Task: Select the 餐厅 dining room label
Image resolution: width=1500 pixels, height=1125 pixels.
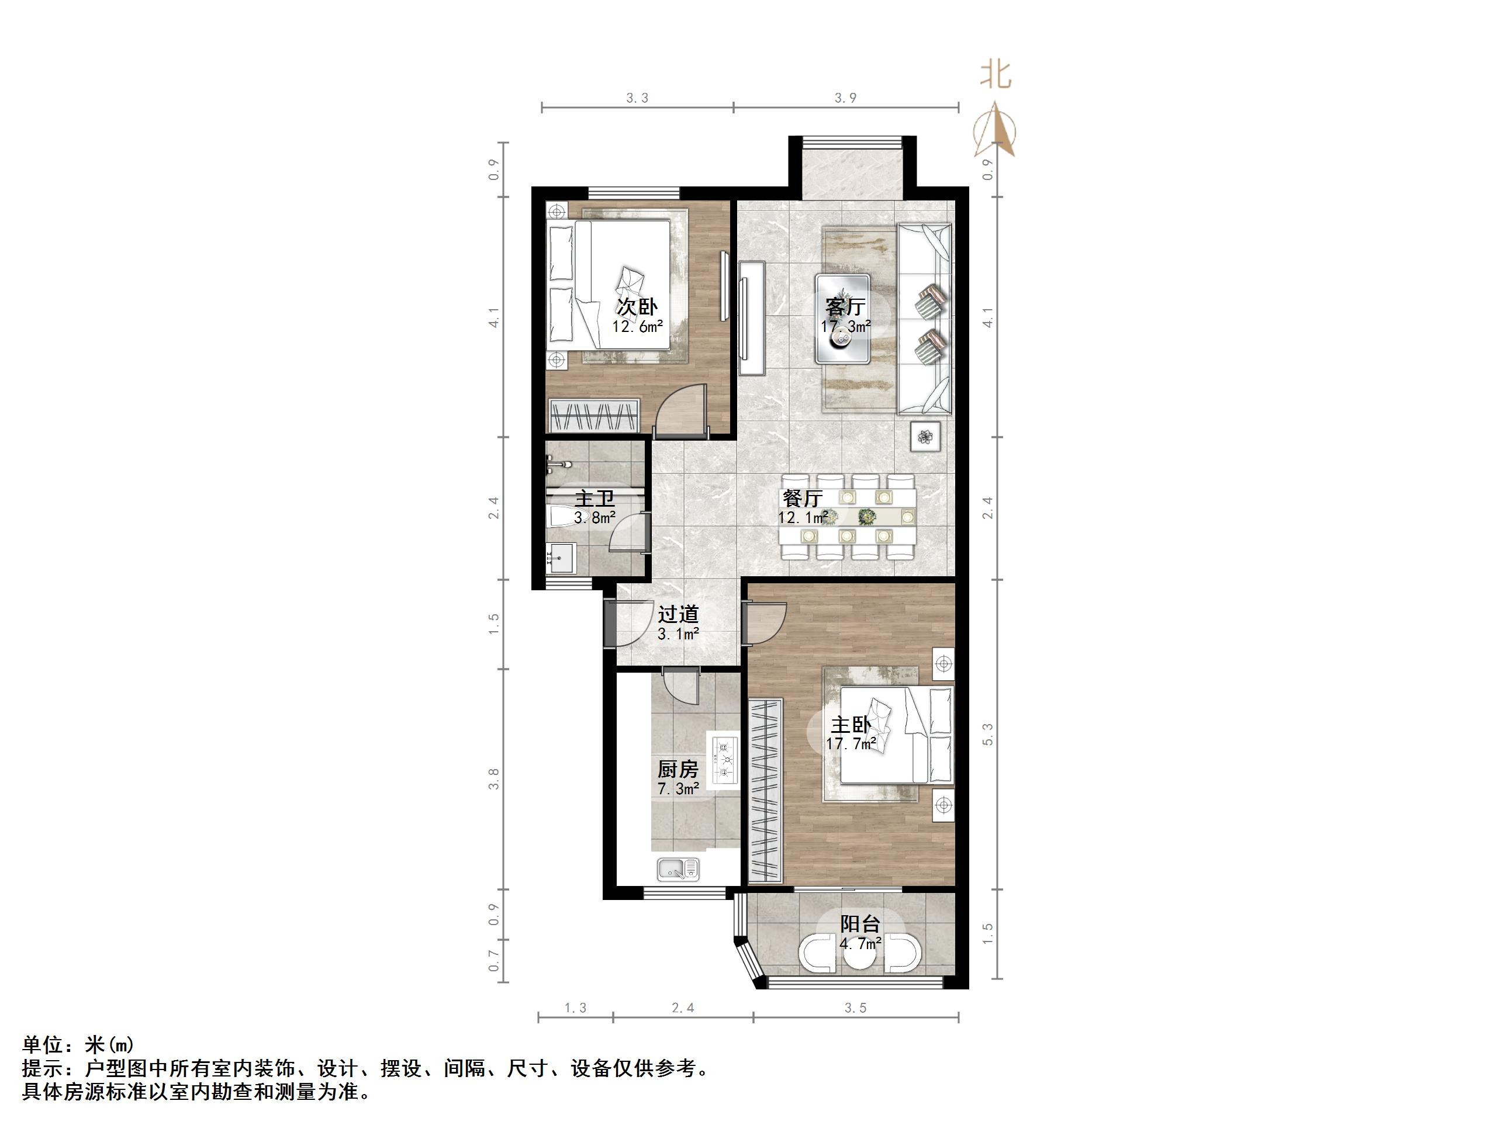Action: click(x=802, y=499)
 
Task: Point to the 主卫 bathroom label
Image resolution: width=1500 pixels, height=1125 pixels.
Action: click(x=595, y=499)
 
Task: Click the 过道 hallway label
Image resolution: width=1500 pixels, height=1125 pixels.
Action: click(x=678, y=614)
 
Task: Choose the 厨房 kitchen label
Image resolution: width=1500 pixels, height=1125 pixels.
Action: click(x=678, y=769)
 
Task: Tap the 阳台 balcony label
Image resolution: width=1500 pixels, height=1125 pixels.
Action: click(x=860, y=923)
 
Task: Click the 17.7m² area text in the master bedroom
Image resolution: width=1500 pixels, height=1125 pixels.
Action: click(x=851, y=744)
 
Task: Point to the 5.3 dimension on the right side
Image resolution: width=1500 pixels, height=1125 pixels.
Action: click(x=988, y=735)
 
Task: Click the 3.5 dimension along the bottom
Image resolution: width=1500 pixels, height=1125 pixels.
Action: click(x=856, y=1008)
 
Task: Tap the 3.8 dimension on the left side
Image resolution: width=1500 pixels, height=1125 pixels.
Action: click(x=495, y=778)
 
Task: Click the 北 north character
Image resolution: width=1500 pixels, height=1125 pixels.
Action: click(x=995, y=75)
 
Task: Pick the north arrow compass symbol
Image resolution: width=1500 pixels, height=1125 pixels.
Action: click(x=995, y=130)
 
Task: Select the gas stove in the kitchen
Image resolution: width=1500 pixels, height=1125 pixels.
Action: click(x=724, y=760)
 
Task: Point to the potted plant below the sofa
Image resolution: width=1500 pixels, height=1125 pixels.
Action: click(x=925, y=436)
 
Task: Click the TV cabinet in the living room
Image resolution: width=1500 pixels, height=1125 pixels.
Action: click(x=752, y=317)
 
